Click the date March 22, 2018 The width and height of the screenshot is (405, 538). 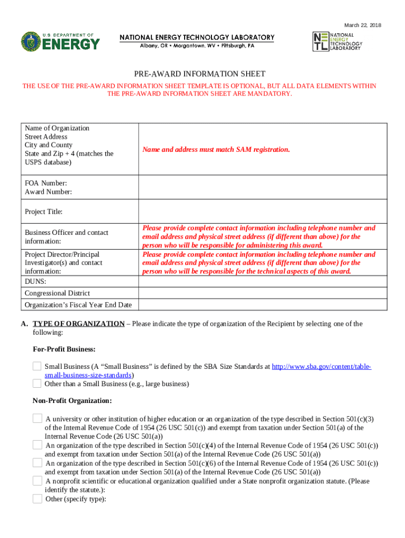click(x=362, y=25)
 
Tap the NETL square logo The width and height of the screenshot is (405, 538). click(x=320, y=41)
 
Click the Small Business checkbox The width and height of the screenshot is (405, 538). click(x=37, y=366)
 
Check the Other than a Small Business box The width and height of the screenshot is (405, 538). click(x=37, y=384)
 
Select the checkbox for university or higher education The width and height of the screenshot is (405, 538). click(x=37, y=418)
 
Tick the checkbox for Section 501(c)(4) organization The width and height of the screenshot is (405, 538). click(x=37, y=445)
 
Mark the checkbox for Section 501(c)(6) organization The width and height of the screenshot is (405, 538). click(x=37, y=463)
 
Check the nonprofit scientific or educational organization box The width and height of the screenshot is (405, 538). click(x=37, y=481)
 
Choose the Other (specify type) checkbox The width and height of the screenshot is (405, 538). click(x=37, y=499)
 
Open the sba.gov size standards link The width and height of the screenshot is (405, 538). click(x=321, y=367)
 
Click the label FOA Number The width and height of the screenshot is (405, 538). click(x=46, y=183)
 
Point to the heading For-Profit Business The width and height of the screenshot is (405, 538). click(x=64, y=349)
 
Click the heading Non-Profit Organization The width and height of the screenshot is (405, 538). click(x=72, y=401)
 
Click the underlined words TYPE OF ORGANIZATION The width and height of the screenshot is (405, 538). click(x=78, y=324)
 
